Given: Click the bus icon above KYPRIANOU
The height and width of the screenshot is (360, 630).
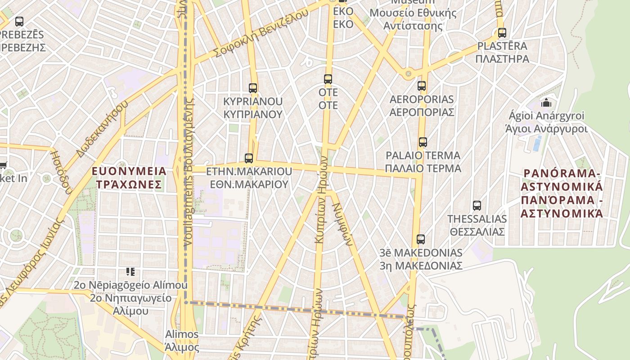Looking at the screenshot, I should [253, 88].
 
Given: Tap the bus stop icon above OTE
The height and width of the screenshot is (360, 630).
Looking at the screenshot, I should [328, 79].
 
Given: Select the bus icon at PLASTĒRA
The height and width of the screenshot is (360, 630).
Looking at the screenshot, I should [502, 33].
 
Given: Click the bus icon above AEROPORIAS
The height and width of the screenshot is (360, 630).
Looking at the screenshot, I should [422, 86].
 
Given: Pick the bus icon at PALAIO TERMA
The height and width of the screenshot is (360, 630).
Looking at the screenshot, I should [423, 143].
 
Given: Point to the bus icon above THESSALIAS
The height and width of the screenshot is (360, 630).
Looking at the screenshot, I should [477, 206].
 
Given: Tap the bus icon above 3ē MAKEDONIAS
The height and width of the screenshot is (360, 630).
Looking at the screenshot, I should [421, 239].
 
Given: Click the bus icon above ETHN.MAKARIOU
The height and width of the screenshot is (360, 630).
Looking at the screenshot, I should [249, 158].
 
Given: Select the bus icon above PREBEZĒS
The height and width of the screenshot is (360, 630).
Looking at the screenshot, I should [19, 21].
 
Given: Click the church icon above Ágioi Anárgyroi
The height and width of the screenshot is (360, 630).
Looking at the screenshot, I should [546, 103].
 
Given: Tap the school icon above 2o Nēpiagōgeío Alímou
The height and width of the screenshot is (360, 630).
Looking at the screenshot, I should [130, 272].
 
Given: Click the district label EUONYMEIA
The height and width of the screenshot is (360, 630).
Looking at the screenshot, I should [129, 171].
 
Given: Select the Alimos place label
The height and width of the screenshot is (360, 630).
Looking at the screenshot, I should [182, 334].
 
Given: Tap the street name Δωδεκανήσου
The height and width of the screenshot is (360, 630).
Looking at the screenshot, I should [102, 130].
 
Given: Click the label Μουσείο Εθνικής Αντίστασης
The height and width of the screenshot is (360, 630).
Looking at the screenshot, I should [413, 19].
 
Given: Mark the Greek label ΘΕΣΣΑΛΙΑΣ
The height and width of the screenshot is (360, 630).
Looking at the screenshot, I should [477, 232].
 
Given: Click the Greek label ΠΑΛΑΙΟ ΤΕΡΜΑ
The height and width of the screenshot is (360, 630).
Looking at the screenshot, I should [423, 168].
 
